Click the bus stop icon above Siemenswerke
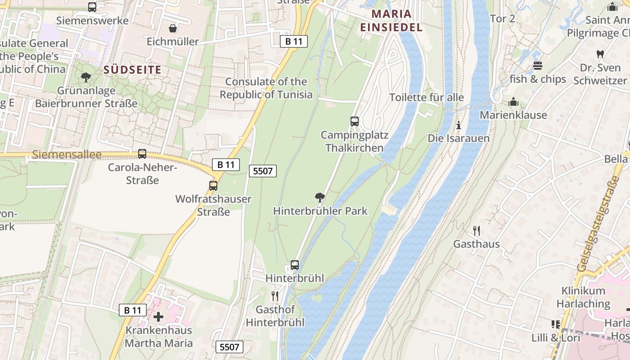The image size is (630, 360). (x=92, y=7)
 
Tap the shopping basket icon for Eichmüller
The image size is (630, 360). (x=172, y=29)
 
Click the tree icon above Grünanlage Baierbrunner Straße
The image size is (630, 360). (x=86, y=77)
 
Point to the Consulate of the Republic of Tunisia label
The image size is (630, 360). (x=266, y=88)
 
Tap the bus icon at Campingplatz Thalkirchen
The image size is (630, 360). (x=355, y=121)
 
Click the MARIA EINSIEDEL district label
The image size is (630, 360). (x=391, y=21)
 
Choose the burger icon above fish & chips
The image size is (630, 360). (x=537, y=66)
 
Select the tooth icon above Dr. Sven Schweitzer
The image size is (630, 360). (x=600, y=54)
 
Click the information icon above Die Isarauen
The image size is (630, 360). (x=459, y=125)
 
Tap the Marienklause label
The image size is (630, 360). (x=513, y=115)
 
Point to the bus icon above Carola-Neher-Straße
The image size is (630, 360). (x=142, y=154)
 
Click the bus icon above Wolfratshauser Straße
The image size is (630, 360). (x=213, y=185)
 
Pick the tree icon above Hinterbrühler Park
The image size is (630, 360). (x=320, y=197)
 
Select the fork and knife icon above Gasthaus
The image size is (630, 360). (x=477, y=231)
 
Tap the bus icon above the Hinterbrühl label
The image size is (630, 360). (x=295, y=265)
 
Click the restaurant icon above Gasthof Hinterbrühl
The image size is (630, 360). (x=275, y=296)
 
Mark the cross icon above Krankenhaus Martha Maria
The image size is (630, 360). (x=158, y=316)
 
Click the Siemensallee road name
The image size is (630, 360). (x=67, y=155)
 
